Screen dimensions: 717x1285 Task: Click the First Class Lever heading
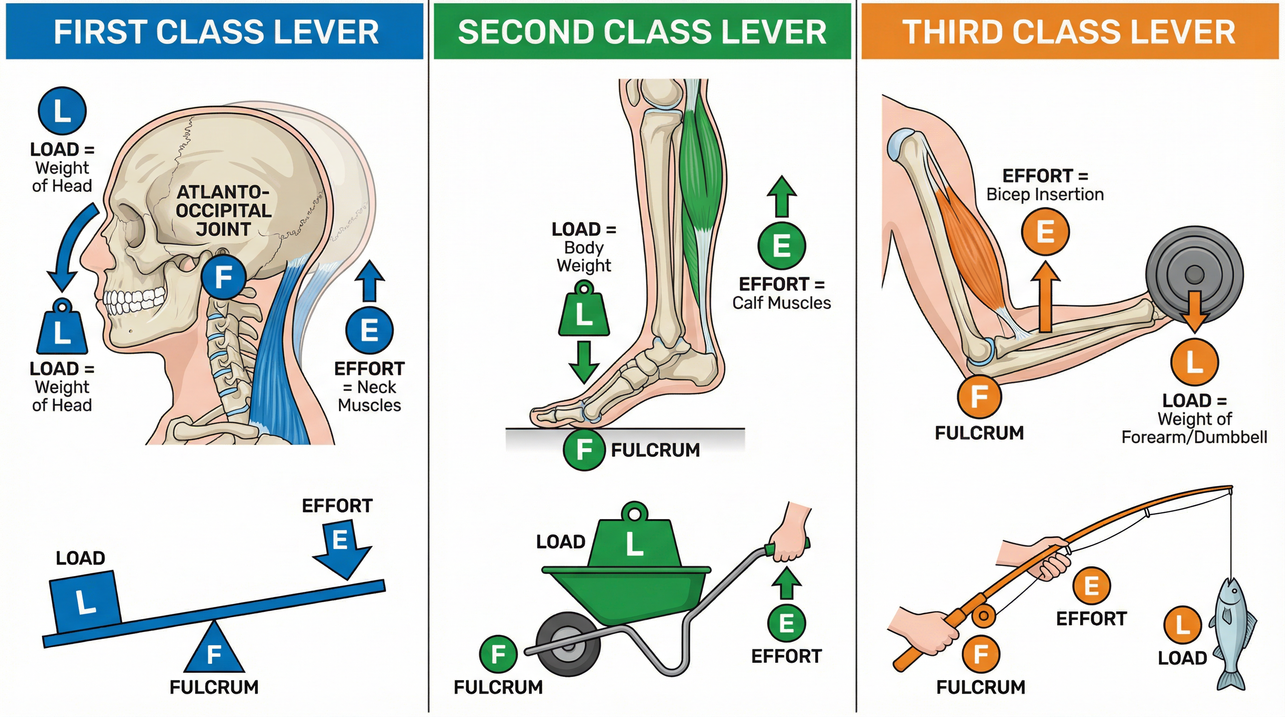(x=216, y=32)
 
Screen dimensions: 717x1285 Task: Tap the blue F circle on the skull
(x=224, y=277)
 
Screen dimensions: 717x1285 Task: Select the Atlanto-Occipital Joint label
(x=224, y=211)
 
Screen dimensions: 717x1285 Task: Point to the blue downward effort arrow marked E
(x=342, y=548)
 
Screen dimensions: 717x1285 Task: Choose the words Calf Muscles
(x=781, y=302)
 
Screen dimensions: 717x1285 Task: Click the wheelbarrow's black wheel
(x=568, y=644)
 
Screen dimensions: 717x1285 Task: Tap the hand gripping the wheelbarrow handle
(x=791, y=539)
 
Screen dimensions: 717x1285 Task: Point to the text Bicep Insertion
(x=1045, y=194)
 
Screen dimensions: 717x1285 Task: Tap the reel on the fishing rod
(x=983, y=616)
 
